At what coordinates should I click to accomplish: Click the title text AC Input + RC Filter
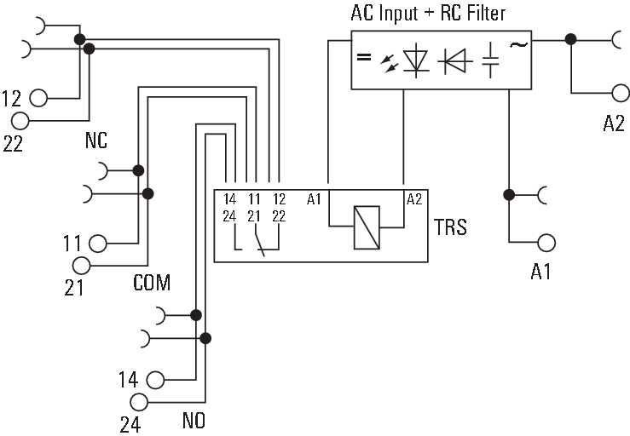pos(428,13)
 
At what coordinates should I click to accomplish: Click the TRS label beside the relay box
pos(450,227)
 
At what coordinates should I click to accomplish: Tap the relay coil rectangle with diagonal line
pos(367,227)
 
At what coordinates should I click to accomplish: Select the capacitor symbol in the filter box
pos(490,60)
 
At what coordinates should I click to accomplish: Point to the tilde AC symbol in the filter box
pos(518,44)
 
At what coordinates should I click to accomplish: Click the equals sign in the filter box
pos(364,57)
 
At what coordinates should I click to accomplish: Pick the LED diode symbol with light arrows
pos(405,61)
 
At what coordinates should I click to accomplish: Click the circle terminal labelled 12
pos(38,98)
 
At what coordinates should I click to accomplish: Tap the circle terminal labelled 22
pos(20,121)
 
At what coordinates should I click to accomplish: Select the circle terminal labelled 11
pos(98,244)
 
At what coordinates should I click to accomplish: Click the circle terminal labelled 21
pos(82,266)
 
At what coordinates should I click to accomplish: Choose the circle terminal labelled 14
pos(155,380)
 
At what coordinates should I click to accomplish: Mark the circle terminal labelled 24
pos(139,402)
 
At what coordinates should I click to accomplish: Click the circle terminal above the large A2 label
pos(621,93)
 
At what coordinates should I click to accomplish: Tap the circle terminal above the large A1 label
pos(546,243)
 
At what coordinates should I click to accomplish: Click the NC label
pos(96,141)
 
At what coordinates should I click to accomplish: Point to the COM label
pos(152,283)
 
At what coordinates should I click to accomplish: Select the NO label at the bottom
pos(194,421)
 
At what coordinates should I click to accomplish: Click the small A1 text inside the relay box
pos(314,199)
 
